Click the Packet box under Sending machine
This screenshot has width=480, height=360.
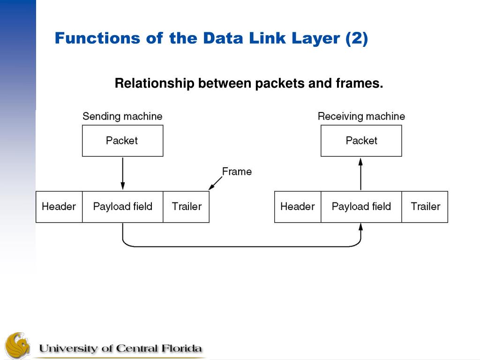[x=122, y=141]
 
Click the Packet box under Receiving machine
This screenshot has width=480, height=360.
[x=361, y=141]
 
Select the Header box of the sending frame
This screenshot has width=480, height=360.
[x=59, y=207]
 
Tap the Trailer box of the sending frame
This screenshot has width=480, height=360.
[x=186, y=207]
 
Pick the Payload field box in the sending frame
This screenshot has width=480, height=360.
[x=122, y=207]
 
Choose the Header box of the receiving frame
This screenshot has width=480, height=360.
[x=298, y=207]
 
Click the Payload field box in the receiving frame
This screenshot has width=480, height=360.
[x=361, y=207]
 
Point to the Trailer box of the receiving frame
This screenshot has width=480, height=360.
[x=425, y=207]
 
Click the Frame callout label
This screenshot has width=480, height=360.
[x=237, y=172]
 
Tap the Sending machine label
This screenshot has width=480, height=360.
[x=122, y=116]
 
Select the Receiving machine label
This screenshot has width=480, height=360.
[x=361, y=116]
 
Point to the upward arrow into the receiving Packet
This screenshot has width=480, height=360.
[x=360, y=173]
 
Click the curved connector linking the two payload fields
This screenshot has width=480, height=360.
[x=241, y=246]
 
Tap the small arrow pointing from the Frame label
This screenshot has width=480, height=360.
[x=215, y=183]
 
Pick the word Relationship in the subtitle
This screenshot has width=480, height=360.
[x=154, y=84]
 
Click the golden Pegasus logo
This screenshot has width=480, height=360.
[x=17, y=346]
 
